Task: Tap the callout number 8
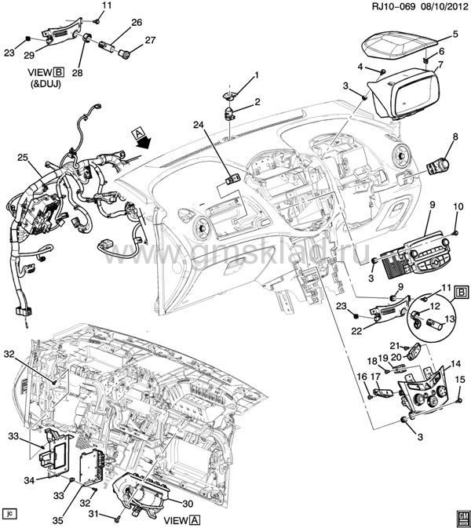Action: (454, 137)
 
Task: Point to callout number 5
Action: (455, 35)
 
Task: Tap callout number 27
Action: (150, 40)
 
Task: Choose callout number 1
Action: (255, 75)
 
